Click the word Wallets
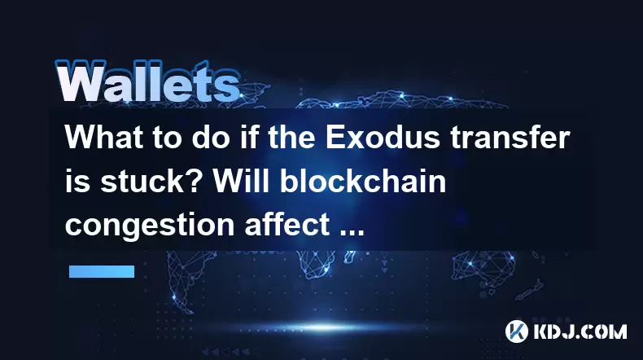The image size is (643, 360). (x=147, y=82)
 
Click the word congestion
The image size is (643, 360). (x=150, y=226)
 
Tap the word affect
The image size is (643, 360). (x=287, y=225)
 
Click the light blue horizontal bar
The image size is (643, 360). (x=102, y=271)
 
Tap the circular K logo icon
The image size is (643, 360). (x=516, y=331)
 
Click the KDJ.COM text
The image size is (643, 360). (x=580, y=331)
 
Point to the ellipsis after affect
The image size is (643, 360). (x=352, y=233)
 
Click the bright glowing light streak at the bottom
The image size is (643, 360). (x=324, y=327)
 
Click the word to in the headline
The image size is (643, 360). (x=168, y=138)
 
